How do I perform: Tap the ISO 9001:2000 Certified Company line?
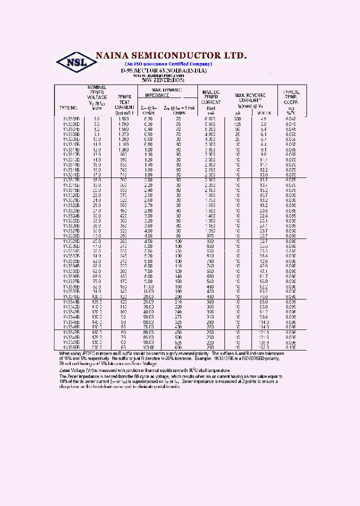pos(168,64)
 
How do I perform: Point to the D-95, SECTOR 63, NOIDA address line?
pos(163,71)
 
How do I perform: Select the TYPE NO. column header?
pos(68,107)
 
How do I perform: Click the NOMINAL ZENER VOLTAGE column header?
pos(97,97)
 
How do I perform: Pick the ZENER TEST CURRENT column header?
pos(124,101)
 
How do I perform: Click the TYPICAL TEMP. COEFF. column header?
pos(291,97)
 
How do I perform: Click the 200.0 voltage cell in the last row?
pos(97,346)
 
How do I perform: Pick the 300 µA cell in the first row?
pos(237,118)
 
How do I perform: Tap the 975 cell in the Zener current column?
pos(210,235)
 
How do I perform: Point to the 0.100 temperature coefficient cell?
pos(291,346)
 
